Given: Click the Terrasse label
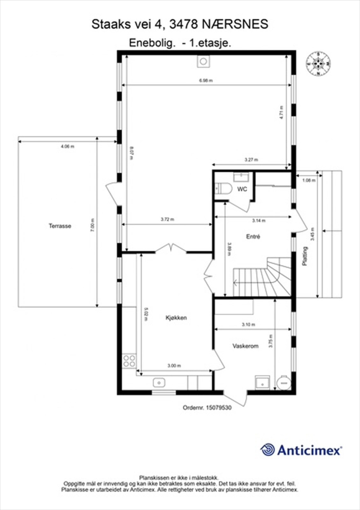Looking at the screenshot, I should coord(60,226).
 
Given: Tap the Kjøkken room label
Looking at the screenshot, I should coord(176,318).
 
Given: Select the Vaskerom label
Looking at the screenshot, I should coord(245,346).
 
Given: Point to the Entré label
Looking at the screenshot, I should coord(253,237).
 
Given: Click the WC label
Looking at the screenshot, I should coord(242,189).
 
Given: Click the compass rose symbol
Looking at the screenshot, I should coord(318,64).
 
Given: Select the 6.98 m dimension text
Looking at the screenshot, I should coord(206,81).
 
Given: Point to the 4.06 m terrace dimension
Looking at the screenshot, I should coord(68,147).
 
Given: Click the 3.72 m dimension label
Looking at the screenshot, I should coord(167,219).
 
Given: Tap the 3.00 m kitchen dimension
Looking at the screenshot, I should coord(174,366).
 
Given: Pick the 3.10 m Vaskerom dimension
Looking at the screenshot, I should coord(248,324).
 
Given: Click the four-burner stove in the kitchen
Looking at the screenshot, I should coord(129,361).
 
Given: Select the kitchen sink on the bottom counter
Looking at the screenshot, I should coord(158,382).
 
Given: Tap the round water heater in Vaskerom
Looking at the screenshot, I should coord(283,382).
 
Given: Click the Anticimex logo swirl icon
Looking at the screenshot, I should coord(268,450).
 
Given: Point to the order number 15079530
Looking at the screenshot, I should coord(219,407).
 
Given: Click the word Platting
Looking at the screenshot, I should coord(305,256).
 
